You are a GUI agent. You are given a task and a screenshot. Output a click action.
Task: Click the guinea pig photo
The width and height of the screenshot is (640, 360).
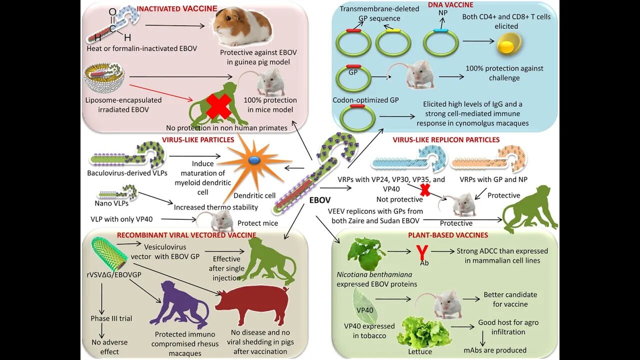[x=242, y=27]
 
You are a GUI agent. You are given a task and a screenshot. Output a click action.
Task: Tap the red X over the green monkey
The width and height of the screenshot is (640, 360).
[x=218, y=105]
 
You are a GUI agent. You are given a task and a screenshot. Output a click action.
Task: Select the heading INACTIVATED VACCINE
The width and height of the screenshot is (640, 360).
[x=177, y=8]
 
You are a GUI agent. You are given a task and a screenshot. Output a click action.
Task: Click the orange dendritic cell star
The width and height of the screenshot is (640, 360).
[x=254, y=160]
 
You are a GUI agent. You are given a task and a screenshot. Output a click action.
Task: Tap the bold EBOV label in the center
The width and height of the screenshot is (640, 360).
[x=320, y=200]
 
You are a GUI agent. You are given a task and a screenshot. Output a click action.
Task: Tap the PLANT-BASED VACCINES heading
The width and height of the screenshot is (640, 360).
[x=448, y=235]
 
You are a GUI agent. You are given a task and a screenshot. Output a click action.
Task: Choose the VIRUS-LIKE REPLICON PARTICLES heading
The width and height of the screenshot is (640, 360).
[x=446, y=140]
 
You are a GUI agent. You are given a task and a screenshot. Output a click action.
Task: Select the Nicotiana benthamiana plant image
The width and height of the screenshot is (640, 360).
[x=367, y=252]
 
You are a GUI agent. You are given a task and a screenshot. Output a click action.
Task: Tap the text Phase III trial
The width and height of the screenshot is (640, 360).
[x=111, y=318]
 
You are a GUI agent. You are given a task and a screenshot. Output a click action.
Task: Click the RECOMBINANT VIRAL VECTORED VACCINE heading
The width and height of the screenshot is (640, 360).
[x=186, y=235]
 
